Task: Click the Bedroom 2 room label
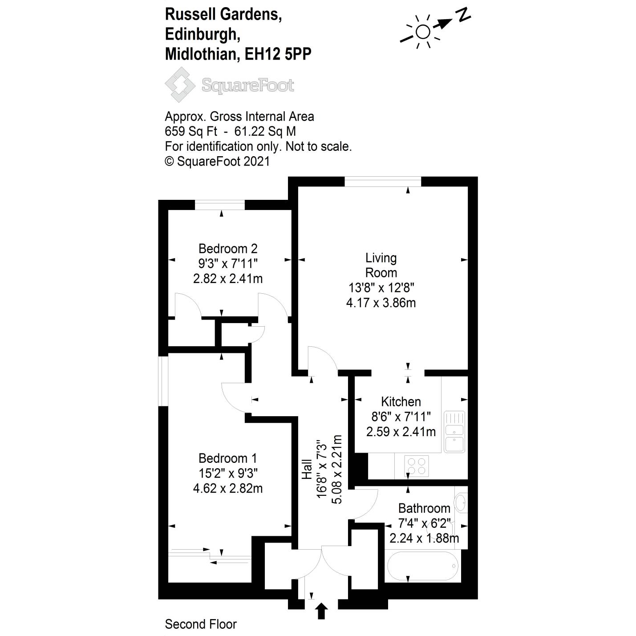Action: point(227,248)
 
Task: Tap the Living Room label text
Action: point(381,265)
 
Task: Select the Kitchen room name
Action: point(401,401)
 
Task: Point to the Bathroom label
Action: point(424,508)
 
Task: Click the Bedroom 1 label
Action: point(227,458)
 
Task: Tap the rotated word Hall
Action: point(307,469)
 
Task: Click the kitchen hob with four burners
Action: point(417,466)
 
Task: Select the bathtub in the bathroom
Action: point(422,566)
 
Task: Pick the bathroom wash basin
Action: point(462,503)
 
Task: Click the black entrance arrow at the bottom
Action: point(322,611)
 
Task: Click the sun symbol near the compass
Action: point(422,32)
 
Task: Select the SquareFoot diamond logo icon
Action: point(180,85)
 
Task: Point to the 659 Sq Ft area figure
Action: point(191,131)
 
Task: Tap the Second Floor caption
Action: point(201,624)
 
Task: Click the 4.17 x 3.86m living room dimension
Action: point(381,303)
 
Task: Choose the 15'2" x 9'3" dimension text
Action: point(227,473)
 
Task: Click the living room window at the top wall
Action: point(383,181)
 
